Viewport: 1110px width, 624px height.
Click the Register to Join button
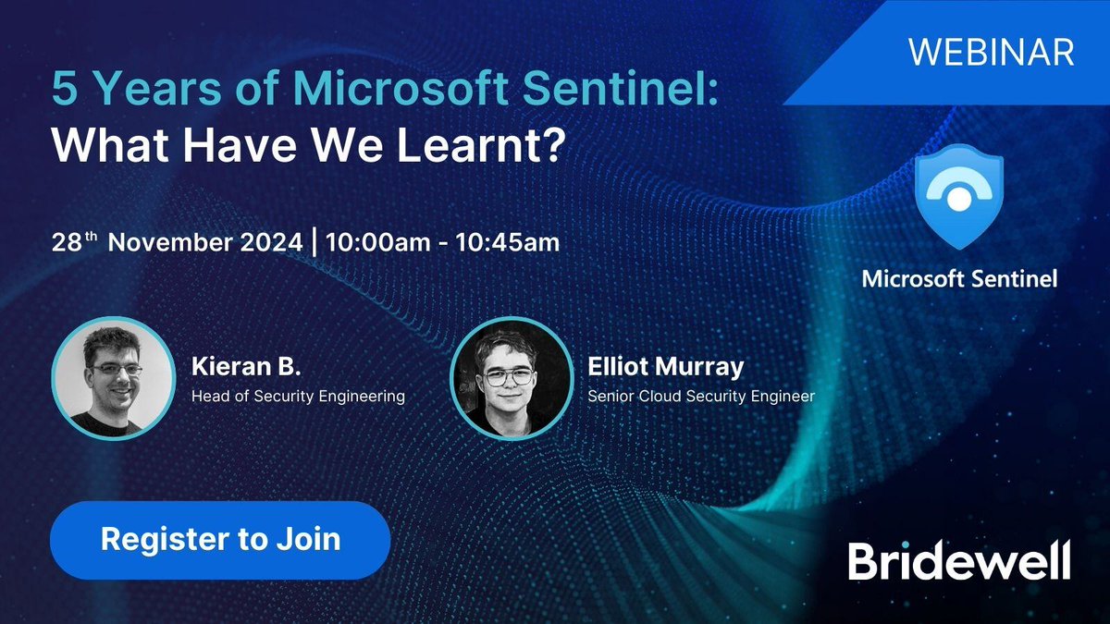[220, 540]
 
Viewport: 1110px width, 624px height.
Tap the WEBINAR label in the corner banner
[990, 52]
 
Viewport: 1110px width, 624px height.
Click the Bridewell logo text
[959, 561]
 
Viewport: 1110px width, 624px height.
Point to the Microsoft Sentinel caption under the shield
[959, 278]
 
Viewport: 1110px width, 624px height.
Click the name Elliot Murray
[665, 367]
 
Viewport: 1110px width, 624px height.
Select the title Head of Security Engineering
[298, 397]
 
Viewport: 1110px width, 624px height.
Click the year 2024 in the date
[274, 243]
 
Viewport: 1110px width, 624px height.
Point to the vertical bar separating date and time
[315, 243]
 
